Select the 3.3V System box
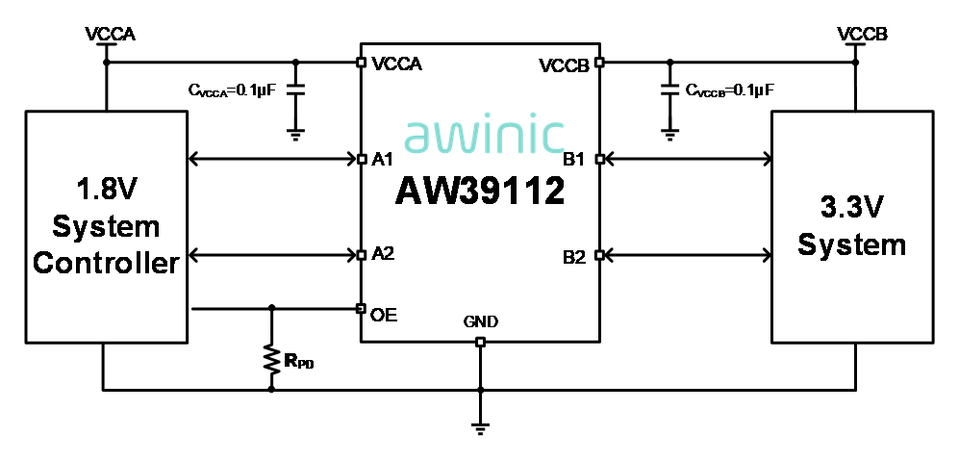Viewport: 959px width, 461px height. click(x=851, y=226)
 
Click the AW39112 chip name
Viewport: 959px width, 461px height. click(x=480, y=192)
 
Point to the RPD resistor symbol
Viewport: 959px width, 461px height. click(x=271, y=360)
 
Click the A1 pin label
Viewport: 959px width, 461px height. click(x=383, y=158)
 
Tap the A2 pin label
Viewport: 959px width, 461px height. click(x=383, y=255)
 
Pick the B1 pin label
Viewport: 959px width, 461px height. click(x=575, y=158)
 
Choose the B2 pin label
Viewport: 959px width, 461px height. click(x=575, y=256)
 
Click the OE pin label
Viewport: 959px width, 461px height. click(x=384, y=314)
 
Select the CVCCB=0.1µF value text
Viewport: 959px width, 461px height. click(x=730, y=90)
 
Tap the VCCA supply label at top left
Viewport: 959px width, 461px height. click(x=110, y=35)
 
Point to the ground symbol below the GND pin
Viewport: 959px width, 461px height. click(x=480, y=427)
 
